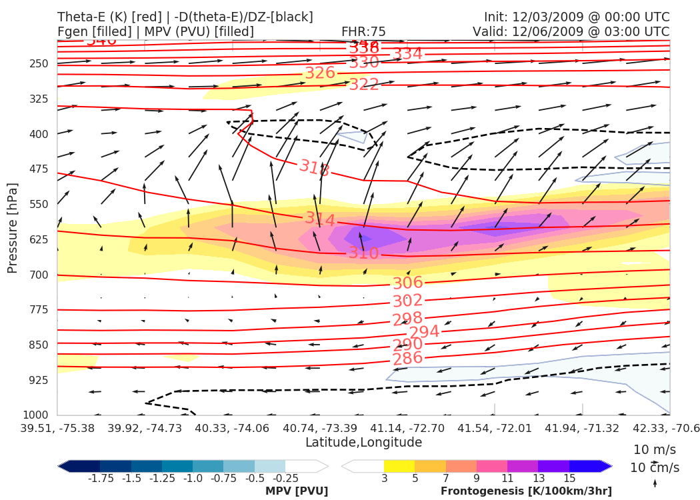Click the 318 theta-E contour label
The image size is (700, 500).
tap(315, 168)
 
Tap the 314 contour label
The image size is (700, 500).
tap(320, 219)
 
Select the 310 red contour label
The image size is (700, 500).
tap(363, 253)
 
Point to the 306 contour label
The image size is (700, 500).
tap(407, 283)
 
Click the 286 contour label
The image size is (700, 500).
tap(407, 358)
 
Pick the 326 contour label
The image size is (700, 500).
tap(320, 73)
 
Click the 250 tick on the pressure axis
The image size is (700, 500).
tap(39, 64)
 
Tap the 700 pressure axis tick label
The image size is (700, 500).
tap(39, 275)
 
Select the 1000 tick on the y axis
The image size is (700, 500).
tap(37, 415)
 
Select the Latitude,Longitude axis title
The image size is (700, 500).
tap(363, 443)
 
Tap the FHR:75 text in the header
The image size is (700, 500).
tap(363, 31)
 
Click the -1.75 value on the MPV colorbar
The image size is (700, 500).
tap(100, 479)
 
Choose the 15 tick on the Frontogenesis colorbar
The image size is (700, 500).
tap(569, 479)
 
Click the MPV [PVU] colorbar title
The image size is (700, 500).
tap(297, 491)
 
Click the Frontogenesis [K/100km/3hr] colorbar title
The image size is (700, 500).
tap(526, 491)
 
